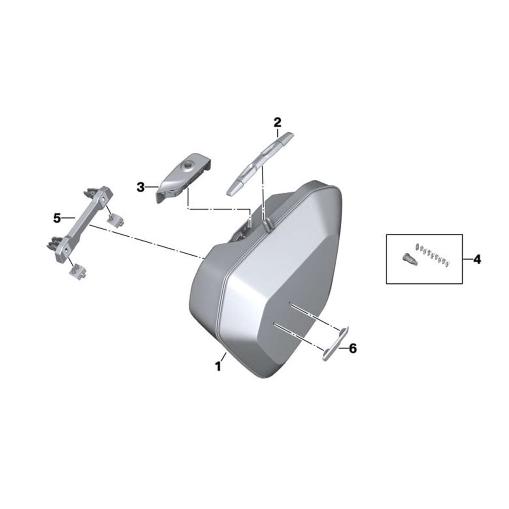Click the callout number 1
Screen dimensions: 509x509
[218, 367]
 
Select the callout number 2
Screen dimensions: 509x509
[277, 122]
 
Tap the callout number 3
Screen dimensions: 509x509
[141, 188]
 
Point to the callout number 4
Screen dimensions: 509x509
[477, 260]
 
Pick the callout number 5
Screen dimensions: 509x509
[57, 218]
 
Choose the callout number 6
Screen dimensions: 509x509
[352, 348]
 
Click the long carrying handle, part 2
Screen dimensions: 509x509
[260, 163]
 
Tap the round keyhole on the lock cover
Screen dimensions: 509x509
[189, 166]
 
